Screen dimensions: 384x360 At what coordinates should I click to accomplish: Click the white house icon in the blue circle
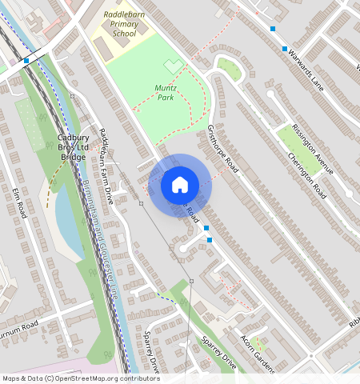[x=180, y=185]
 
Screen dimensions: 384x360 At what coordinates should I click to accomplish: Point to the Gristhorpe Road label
[x=223, y=149]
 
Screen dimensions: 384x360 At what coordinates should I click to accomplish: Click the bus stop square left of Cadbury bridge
[x=26, y=60]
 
